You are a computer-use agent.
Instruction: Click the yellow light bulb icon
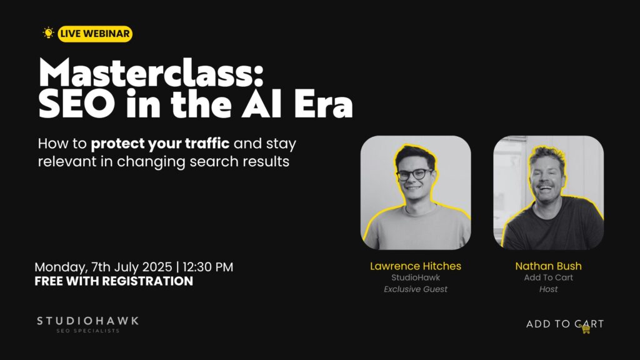click(x=48, y=32)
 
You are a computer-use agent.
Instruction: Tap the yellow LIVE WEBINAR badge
click(x=95, y=34)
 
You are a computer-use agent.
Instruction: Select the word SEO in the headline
click(x=77, y=104)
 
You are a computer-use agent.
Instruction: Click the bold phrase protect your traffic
click(x=160, y=144)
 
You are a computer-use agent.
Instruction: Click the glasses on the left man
click(x=414, y=174)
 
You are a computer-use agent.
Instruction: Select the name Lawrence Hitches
click(x=416, y=266)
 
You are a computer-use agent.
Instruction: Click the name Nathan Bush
click(x=548, y=266)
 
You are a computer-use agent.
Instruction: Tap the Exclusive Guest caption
click(x=416, y=289)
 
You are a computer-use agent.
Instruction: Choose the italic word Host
click(x=548, y=289)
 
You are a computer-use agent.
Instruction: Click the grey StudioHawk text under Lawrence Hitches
click(x=416, y=277)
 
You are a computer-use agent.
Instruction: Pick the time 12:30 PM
click(x=207, y=267)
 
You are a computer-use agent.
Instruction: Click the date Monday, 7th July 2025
click(x=103, y=267)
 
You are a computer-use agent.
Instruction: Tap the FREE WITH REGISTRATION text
click(x=114, y=281)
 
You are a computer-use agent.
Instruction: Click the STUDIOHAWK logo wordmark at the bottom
click(x=87, y=321)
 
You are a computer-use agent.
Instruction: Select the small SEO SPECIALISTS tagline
click(x=87, y=331)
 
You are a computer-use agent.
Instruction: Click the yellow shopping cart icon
click(x=586, y=329)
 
